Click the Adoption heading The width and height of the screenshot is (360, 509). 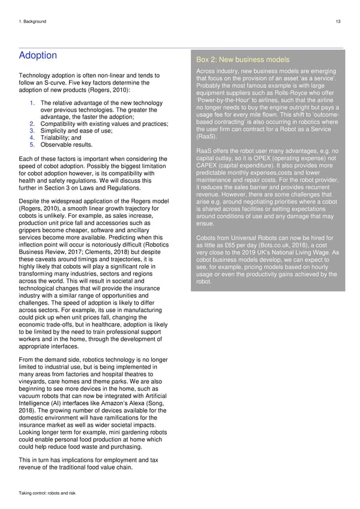point(38,56)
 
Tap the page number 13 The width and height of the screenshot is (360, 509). point(338,22)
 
